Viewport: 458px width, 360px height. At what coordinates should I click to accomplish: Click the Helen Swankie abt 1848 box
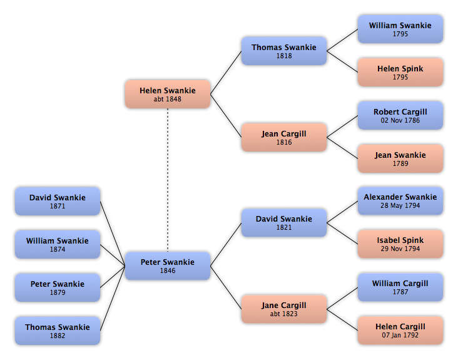tap(168, 94)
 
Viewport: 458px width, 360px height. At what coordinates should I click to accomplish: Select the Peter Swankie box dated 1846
tap(168, 266)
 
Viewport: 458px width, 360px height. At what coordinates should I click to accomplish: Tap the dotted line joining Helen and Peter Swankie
tap(168, 180)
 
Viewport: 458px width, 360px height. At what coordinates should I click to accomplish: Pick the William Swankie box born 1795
tap(400, 29)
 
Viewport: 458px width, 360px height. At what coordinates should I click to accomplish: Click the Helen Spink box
tap(400, 72)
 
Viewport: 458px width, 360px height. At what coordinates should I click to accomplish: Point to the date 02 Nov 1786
tap(400, 120)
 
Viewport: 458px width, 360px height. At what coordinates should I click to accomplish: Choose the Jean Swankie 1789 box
tap(400, 158)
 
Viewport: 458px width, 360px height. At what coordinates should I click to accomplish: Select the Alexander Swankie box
tap(400, 201)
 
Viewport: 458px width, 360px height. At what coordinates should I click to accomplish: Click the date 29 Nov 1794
tap(400, 249)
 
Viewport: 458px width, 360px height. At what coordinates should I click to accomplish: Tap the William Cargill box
tap(400, 287)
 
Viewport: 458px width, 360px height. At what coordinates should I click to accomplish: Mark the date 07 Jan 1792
tap(400, 335)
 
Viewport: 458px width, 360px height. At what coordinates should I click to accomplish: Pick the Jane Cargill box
tap(284, 309)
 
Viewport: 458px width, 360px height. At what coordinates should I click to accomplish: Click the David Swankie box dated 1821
tap(284, 223)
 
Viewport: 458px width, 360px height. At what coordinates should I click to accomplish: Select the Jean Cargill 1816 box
tap(284, 137)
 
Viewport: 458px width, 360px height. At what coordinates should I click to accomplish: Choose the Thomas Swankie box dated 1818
tap(284, 51)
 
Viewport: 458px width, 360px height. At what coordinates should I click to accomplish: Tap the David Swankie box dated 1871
tap(58, 202)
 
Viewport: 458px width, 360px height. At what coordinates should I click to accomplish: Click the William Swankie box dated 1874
tap(58, 244)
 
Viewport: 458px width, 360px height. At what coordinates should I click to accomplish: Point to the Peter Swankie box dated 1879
tap(58, 287)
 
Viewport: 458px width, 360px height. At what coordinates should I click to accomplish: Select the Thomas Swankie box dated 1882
tap(58, 331)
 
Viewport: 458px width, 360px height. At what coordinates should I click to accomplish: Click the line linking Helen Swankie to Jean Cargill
tap(226, 116)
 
